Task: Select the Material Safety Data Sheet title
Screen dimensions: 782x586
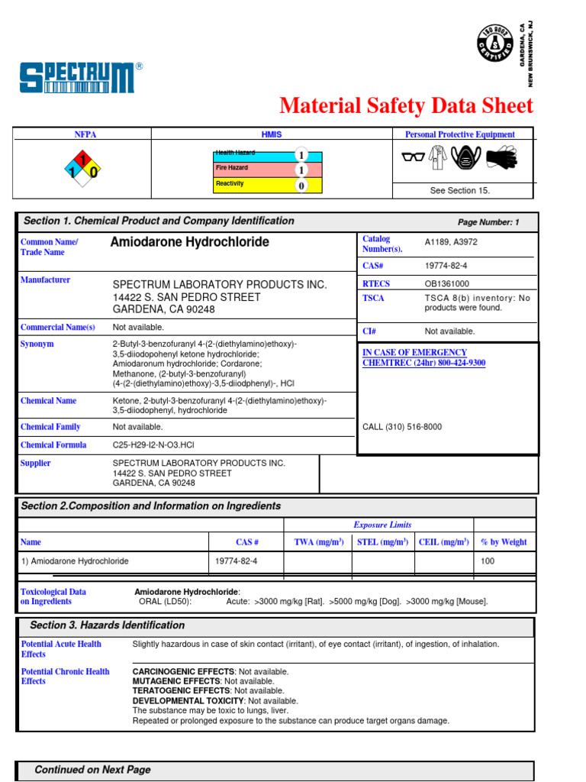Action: point(406,105)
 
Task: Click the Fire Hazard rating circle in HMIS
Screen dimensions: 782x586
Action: point(301,170)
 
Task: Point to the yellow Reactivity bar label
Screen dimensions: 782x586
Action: point(230,184)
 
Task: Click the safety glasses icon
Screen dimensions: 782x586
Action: point(413,157)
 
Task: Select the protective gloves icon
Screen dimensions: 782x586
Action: point(501,157)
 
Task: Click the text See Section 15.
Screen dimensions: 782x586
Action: point(459,191)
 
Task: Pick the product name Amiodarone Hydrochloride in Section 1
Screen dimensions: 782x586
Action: point(190,242)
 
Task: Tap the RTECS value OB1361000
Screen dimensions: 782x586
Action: point(447,283)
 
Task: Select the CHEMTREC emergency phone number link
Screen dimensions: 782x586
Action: point(423,363)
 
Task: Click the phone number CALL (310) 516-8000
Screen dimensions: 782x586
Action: point(401,427)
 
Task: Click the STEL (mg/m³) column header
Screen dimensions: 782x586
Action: point(382,542)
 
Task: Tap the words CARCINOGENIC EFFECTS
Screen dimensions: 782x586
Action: point(176,672)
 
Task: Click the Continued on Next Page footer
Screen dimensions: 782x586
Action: point(92,770)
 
